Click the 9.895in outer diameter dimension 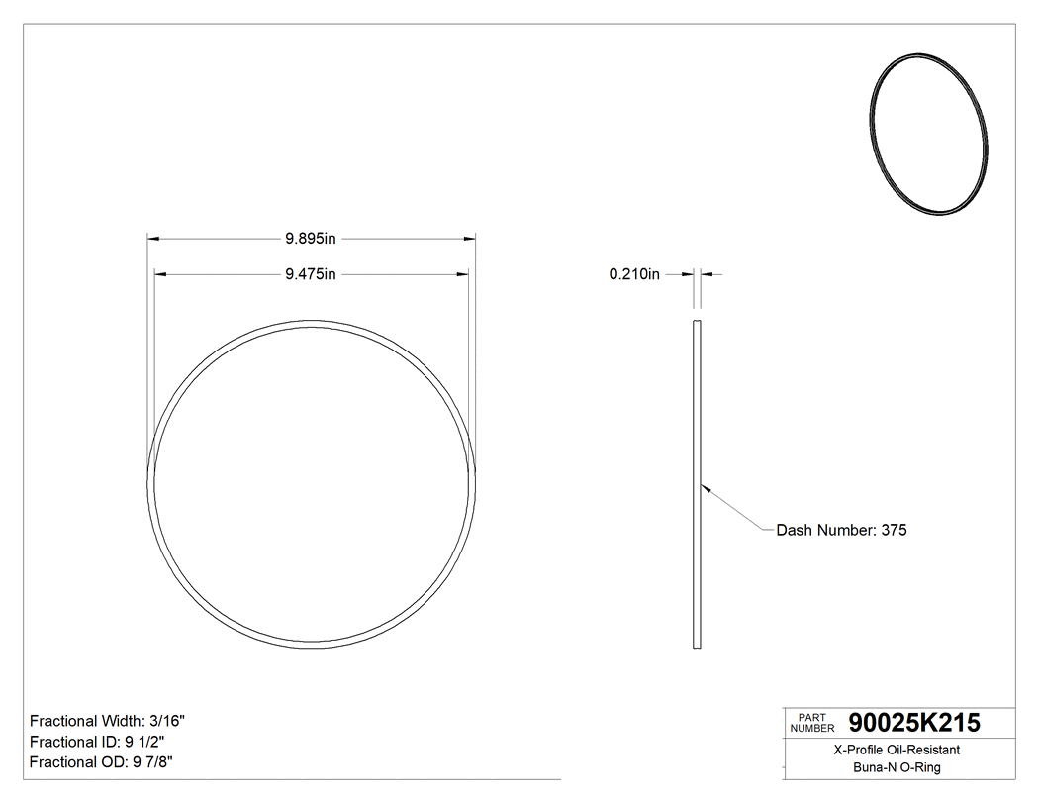tap(312, 239)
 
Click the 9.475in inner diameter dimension tap(312, 274)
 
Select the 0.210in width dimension tap(634, 274)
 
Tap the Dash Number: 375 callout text tap(841, 530)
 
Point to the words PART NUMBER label tap(812, 723)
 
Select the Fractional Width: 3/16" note tap(108, 721)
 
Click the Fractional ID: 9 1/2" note tap(97, 742)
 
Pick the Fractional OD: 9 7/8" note tap(103, 762)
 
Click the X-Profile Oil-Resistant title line tap(897, 751)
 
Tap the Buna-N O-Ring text tap(897, 767)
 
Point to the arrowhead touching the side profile tap(705, 487)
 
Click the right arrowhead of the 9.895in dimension tap(471, 239)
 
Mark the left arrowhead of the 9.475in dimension tap(158, 274)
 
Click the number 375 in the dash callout tap(894, 530)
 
